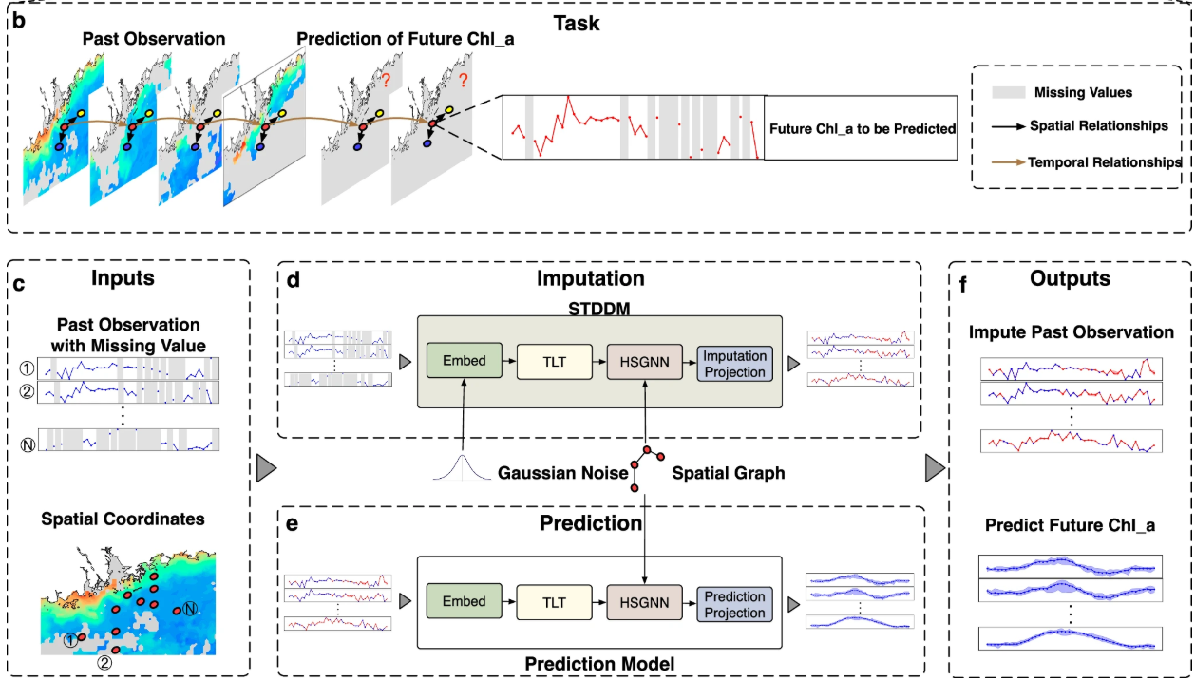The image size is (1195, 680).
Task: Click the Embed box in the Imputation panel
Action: pyautogui.click(x=464, y=362)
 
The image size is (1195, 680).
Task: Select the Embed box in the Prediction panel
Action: pyautogui.click(x=464, y=602)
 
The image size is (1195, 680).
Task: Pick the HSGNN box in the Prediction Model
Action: pyautogui.click(x=644, y=602)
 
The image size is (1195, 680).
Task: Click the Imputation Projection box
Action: pyautogui.click(x=735, y=363)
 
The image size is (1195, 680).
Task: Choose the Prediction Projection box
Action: pyautogui.click(x=735, y=604)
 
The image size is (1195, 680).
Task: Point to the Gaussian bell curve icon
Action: pyautogui.click(x=465, y=466)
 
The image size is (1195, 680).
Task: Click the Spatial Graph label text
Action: pyautogui.click(x=730, y=473)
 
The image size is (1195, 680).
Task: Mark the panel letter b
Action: pyautogui.click(x=17, y=16)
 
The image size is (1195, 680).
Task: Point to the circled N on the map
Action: pyautogui.click(x=189, y=609)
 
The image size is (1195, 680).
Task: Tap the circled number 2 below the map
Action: pyautogui.click(x=104, y=663)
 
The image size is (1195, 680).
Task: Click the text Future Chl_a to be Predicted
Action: pyautogui.click(x=863, y=128)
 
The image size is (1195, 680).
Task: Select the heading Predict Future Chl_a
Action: pyautogui.click(x=1070, y=525)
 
